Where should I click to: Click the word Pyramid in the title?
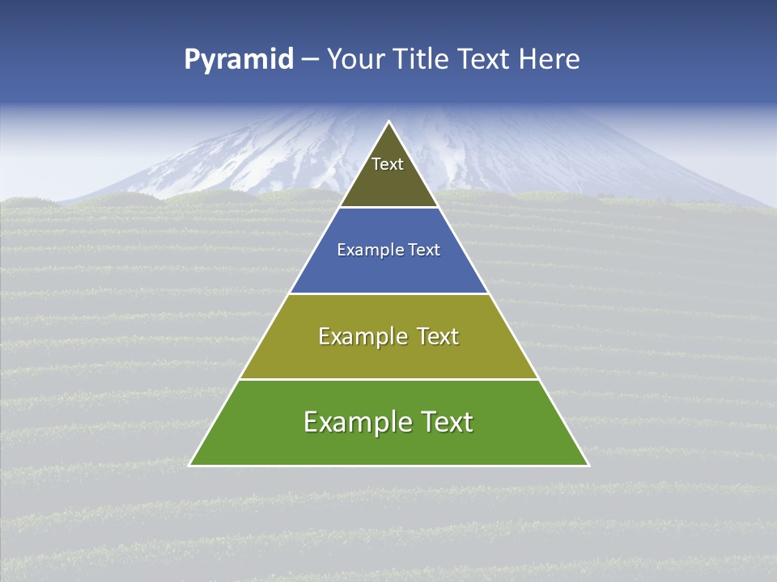[238, 60]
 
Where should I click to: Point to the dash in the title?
[310, 61]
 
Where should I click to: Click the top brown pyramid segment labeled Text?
[388, 182]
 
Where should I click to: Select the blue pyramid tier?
[388, 271]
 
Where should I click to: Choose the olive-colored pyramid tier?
[388, 356]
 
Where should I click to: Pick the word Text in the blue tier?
[424, 251]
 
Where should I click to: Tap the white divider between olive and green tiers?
[388, 379]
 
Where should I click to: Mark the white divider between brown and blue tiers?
[388, 208]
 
